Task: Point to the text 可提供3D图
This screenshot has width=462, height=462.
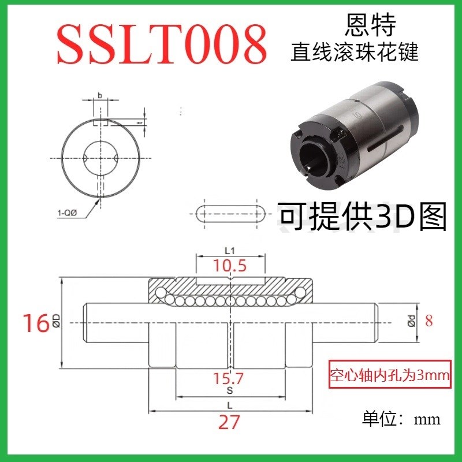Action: [x=363, y=216]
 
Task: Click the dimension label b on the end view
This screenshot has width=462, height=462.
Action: [x=99, y=95]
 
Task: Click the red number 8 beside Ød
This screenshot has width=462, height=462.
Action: [x=429, y=321]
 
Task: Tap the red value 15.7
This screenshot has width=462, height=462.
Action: [x=229, y=379]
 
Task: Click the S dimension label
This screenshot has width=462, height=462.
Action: [x=230, y=390]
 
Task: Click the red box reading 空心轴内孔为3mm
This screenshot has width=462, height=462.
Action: [x=389, y=375]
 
